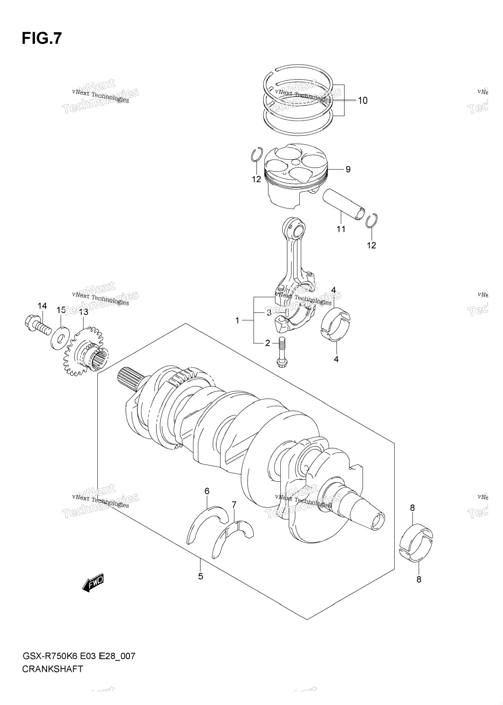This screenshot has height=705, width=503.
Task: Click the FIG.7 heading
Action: (x=41, y=38)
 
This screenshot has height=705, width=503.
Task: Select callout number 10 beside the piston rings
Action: (x=362, y=101)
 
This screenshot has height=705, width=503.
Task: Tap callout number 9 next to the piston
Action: (x=348, y=169)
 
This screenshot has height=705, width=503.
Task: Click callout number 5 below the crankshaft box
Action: (x=200, y=576)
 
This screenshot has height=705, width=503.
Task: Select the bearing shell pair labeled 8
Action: (x=416, y=543)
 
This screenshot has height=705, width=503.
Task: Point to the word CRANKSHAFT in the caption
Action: (x=52, y=669)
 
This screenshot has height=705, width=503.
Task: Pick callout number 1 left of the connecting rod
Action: (x=237, y=321)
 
